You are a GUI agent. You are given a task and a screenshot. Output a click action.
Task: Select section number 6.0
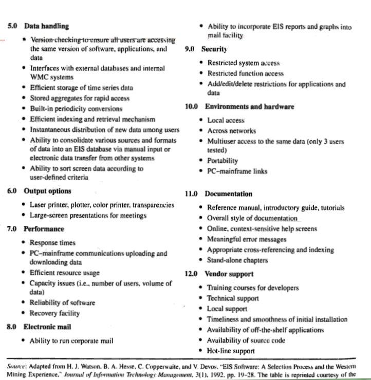tap(13, 191)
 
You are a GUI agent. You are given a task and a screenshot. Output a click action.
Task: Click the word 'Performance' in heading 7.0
tap(44, 229)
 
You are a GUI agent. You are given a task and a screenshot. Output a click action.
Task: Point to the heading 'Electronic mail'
tap(47, 327)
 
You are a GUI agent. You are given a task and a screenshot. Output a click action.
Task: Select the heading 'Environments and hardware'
tap(249, 107)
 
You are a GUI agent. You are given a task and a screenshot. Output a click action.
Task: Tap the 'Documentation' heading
tap(228, 194)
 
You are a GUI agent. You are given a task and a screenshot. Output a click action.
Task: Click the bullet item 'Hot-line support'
tap(231, 351)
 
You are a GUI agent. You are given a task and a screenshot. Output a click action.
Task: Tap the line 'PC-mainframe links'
tap(237, 172)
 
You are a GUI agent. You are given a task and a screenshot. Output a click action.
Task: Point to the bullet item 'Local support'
tap(227, 309)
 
